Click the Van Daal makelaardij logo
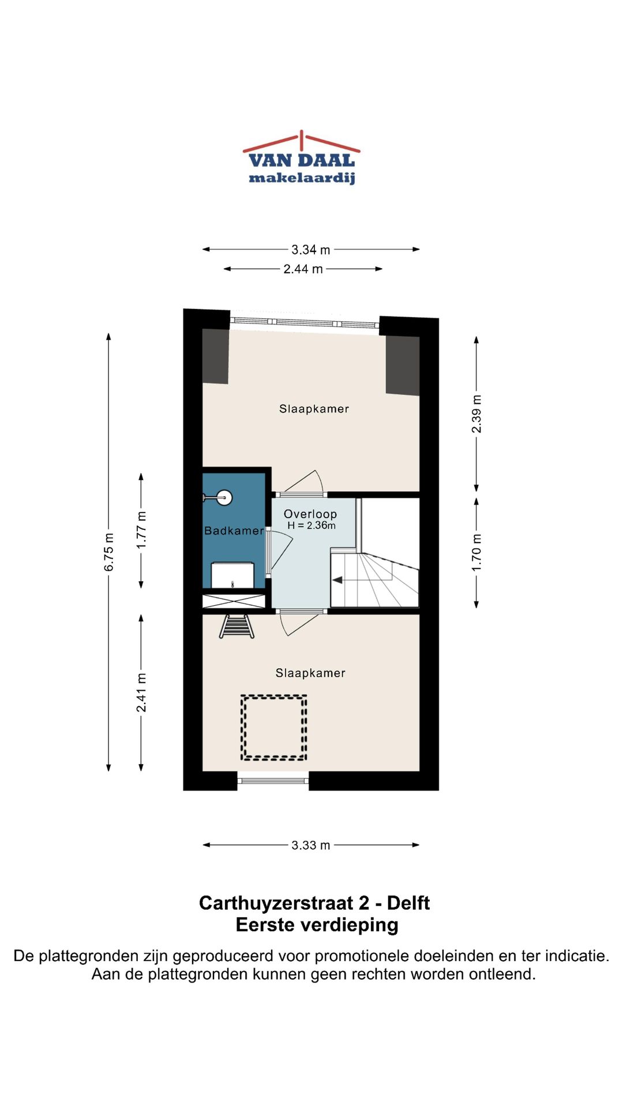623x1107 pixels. click(302, 157)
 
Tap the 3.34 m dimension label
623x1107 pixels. click(311, 250)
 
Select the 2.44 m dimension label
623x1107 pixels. click(303, 269)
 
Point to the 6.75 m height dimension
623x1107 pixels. click(108, 552)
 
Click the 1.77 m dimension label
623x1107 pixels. click(141, 530)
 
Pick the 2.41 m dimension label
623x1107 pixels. click(141, 692)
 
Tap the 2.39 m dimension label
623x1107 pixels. click(476, 414)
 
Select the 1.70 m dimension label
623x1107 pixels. click(476, 553)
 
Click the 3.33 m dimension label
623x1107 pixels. click(311, 845)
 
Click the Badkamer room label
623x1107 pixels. click(234, 530)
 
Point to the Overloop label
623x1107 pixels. click(310, 514)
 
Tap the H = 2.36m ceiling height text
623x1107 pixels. click(311, 525)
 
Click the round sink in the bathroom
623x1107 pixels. click(224, 497)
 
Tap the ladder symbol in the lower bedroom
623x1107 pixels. click(237, 626)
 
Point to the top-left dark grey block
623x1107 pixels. click(215, 356)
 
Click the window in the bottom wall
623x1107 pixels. click(273, 781)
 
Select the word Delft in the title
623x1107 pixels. click(408, 903)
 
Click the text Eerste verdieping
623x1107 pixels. click(317, 925)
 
